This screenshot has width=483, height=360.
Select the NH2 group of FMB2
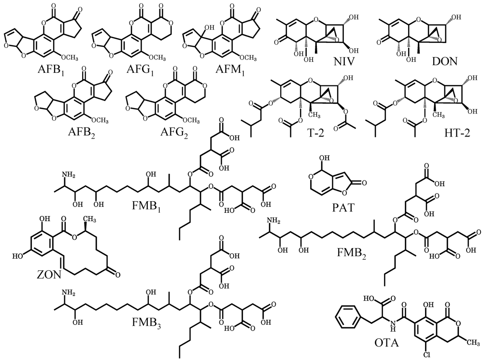(x=273, y=222)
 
